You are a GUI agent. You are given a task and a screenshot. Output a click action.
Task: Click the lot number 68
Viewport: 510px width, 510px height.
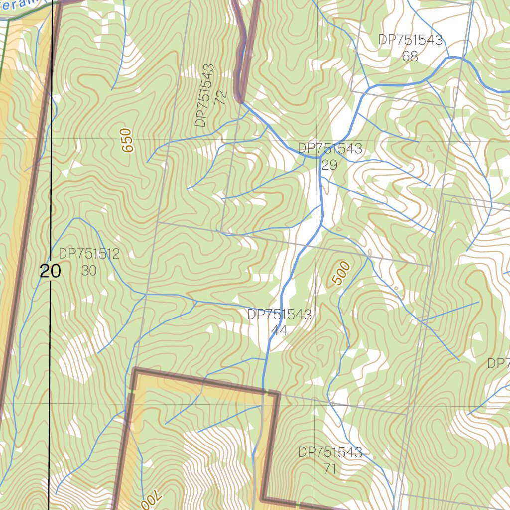pyautogui.click(x=410, y=56)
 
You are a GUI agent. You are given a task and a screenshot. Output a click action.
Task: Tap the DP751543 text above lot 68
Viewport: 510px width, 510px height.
pyautogui.click(x=410, y=40)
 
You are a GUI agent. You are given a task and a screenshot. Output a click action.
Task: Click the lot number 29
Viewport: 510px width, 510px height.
pyautogui.click(x=329, y=165)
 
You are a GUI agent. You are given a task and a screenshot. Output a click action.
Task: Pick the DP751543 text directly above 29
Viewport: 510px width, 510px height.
pyautogui.click(x=330, y=148)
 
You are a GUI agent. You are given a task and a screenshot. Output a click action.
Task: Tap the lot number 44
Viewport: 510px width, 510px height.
pyautogui.click(x=279, y=330)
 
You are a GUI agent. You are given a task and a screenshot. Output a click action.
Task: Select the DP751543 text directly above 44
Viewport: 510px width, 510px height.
pyautogui.click(x=279, y=314)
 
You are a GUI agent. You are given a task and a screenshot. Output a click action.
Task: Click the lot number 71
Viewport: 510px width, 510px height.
pyautogui.click(x=329, y=469)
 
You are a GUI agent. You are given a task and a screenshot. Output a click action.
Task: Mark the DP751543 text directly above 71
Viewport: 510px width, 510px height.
pyautogui.click(x=330, y=452)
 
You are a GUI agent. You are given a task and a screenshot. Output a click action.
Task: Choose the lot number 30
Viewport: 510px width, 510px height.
pyautogui.click(x=89, y=270)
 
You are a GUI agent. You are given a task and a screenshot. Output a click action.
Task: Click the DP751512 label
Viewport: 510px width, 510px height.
pyautogui.click(x=89, y=254)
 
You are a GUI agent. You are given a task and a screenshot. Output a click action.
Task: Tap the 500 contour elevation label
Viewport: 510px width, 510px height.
pyautogui.click(x=342, y=273)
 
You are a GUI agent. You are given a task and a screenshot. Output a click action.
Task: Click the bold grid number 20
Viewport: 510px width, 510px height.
pyautogui.click(x=50, y=271)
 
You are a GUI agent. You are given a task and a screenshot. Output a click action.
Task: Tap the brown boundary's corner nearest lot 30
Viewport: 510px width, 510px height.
pyautogui.click(x=135, y=370)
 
